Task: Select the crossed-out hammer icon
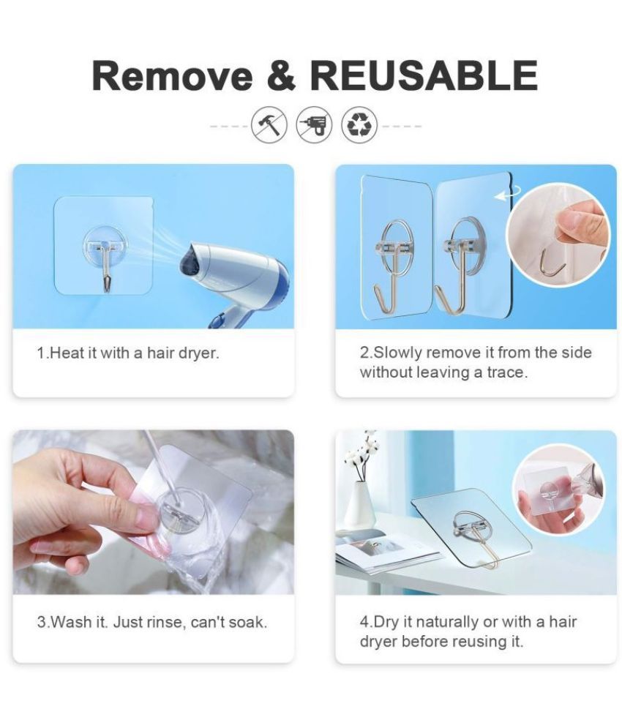(269, 124)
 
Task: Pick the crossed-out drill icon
(315, 124)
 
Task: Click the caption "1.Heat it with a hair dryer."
(128, 353)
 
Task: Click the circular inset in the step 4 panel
(555, 489)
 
